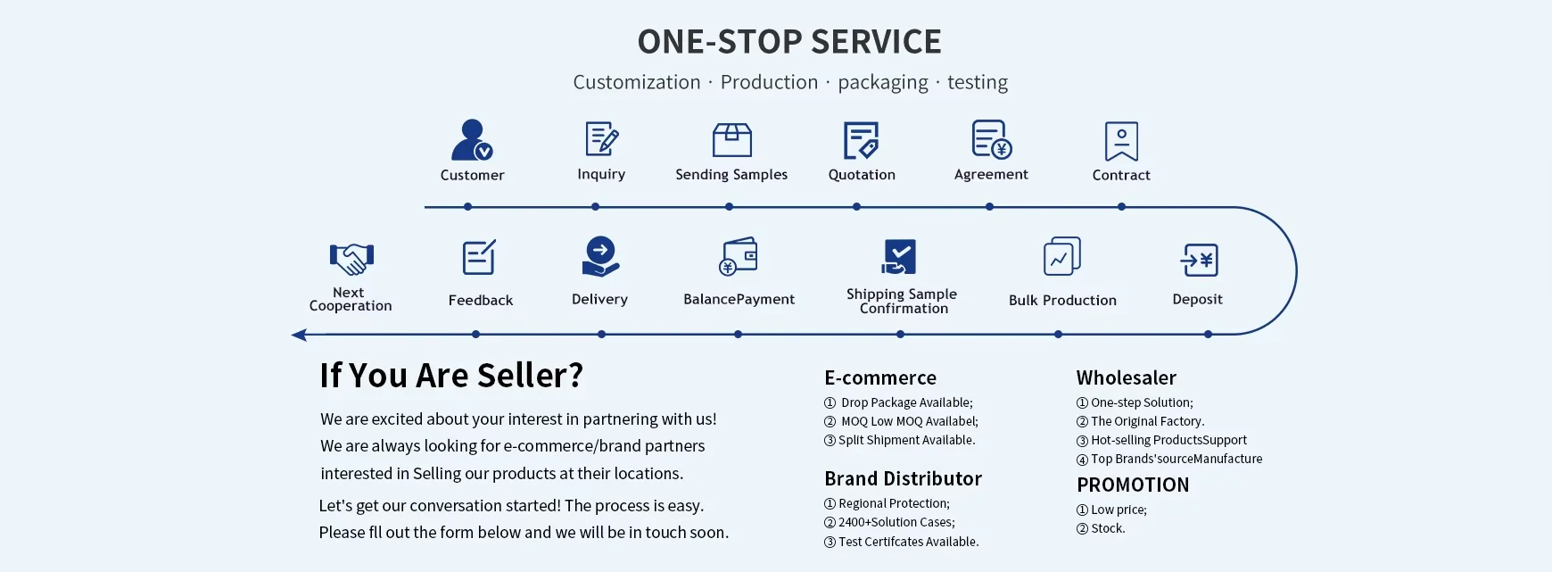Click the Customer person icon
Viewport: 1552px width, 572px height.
pos(472,140)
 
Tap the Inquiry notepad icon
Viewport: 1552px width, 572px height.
pos(602,139)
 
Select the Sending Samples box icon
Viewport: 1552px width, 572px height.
pos(732,140)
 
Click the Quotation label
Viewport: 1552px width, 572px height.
pos(862,175)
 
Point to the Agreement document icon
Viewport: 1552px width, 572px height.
pos(991,140)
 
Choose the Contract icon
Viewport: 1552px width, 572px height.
pos(1121,141)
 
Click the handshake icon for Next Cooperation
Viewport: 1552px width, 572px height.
pos(351,259)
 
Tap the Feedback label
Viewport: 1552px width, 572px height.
pos(481,301)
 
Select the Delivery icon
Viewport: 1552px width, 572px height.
pos(600,257)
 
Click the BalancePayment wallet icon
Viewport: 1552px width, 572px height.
pos(739,257)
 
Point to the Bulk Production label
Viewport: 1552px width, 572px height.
pos(1062,301)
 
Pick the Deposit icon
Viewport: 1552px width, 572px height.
pos(1199,261)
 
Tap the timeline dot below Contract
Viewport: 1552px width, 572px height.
pos(1121,207)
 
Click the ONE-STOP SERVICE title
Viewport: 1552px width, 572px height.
pos(789,42)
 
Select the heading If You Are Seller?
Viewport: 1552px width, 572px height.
pos(451,376)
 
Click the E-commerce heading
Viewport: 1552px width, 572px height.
pos(880,378)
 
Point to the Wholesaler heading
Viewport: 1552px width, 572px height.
pos(1126,378)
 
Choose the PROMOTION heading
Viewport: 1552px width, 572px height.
pos(1133,485)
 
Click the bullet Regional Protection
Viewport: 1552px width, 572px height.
pos(894,504)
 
